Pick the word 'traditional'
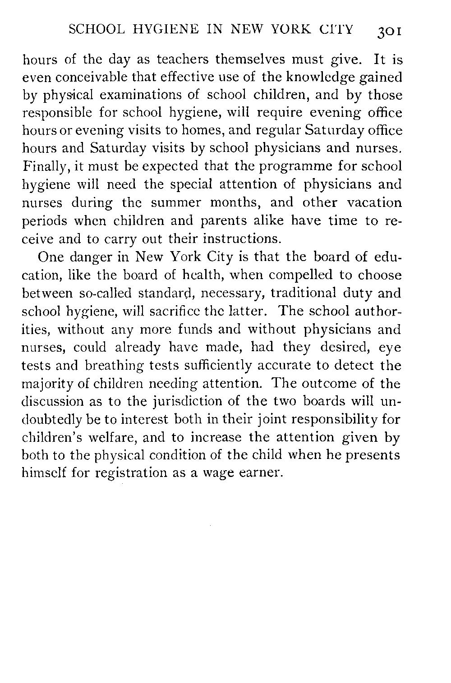(x=290, y=293)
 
